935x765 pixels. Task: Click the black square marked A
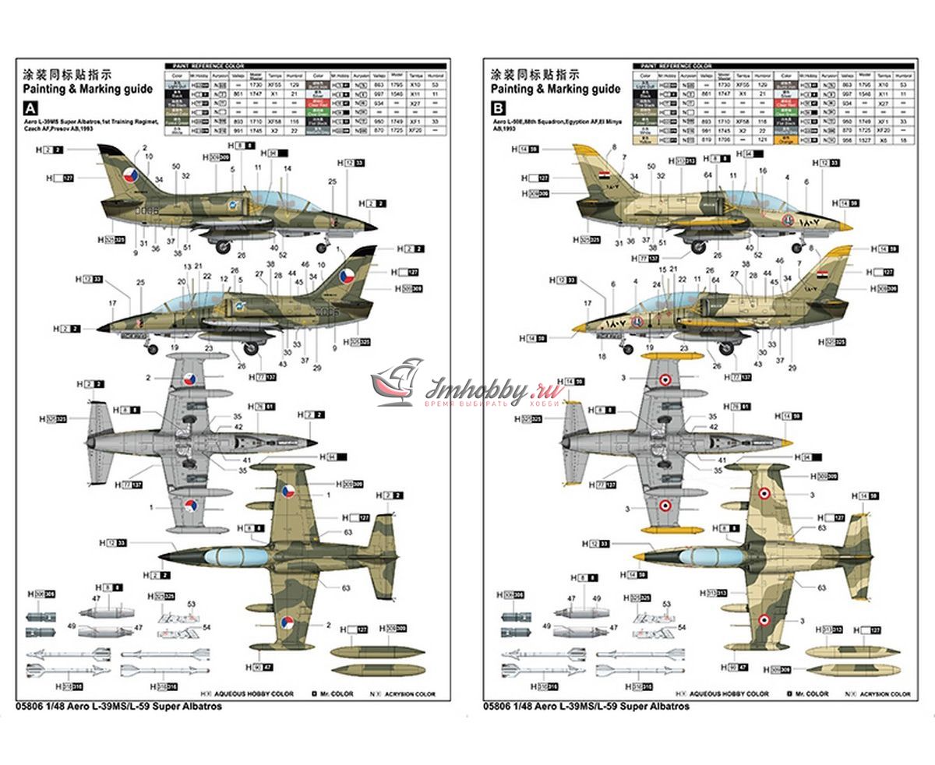pyautogui.click(x=31, y=108)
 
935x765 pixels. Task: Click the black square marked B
pyautogui.click(x=499, y=108)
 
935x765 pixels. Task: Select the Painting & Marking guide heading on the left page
pyautogui.click(x=72, y=89)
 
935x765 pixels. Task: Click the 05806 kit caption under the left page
pyautogui.click(x=118, y=707)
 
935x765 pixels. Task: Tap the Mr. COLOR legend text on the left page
pyautogui.click(x=336, y=693)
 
